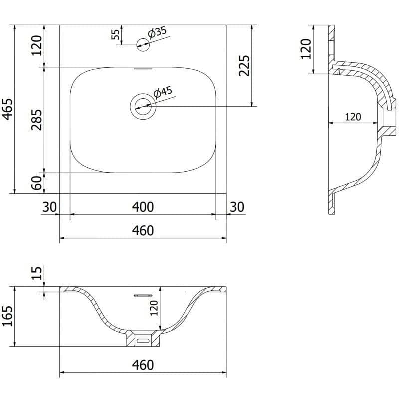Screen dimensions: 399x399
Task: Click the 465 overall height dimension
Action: (7, 109)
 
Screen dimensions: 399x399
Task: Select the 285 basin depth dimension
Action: (36, 120)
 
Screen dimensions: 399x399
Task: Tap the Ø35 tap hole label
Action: (157, 33)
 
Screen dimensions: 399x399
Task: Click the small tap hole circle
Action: (143, 45)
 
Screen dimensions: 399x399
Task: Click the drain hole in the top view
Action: (143, 106)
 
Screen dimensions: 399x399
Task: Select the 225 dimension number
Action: (244, 66)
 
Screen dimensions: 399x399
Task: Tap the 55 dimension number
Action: (115, 34)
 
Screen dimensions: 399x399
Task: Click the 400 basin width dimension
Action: (143, 207)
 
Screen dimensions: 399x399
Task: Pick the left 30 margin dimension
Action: (49, 207)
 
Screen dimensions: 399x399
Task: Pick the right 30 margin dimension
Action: (237, 207)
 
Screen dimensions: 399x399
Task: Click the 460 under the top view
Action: (143, 231)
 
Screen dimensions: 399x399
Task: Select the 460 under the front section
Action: (143, 365)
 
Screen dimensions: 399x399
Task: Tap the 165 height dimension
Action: (7, 316)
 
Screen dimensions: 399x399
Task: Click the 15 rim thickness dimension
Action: (37, 273)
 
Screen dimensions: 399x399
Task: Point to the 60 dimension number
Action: (37, 183)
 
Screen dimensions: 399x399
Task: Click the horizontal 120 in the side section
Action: (353, 117)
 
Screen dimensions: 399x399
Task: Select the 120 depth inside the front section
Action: (154, 308)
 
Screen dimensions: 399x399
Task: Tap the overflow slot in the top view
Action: (143, 69)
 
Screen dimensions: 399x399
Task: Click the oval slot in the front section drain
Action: (143, 340)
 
